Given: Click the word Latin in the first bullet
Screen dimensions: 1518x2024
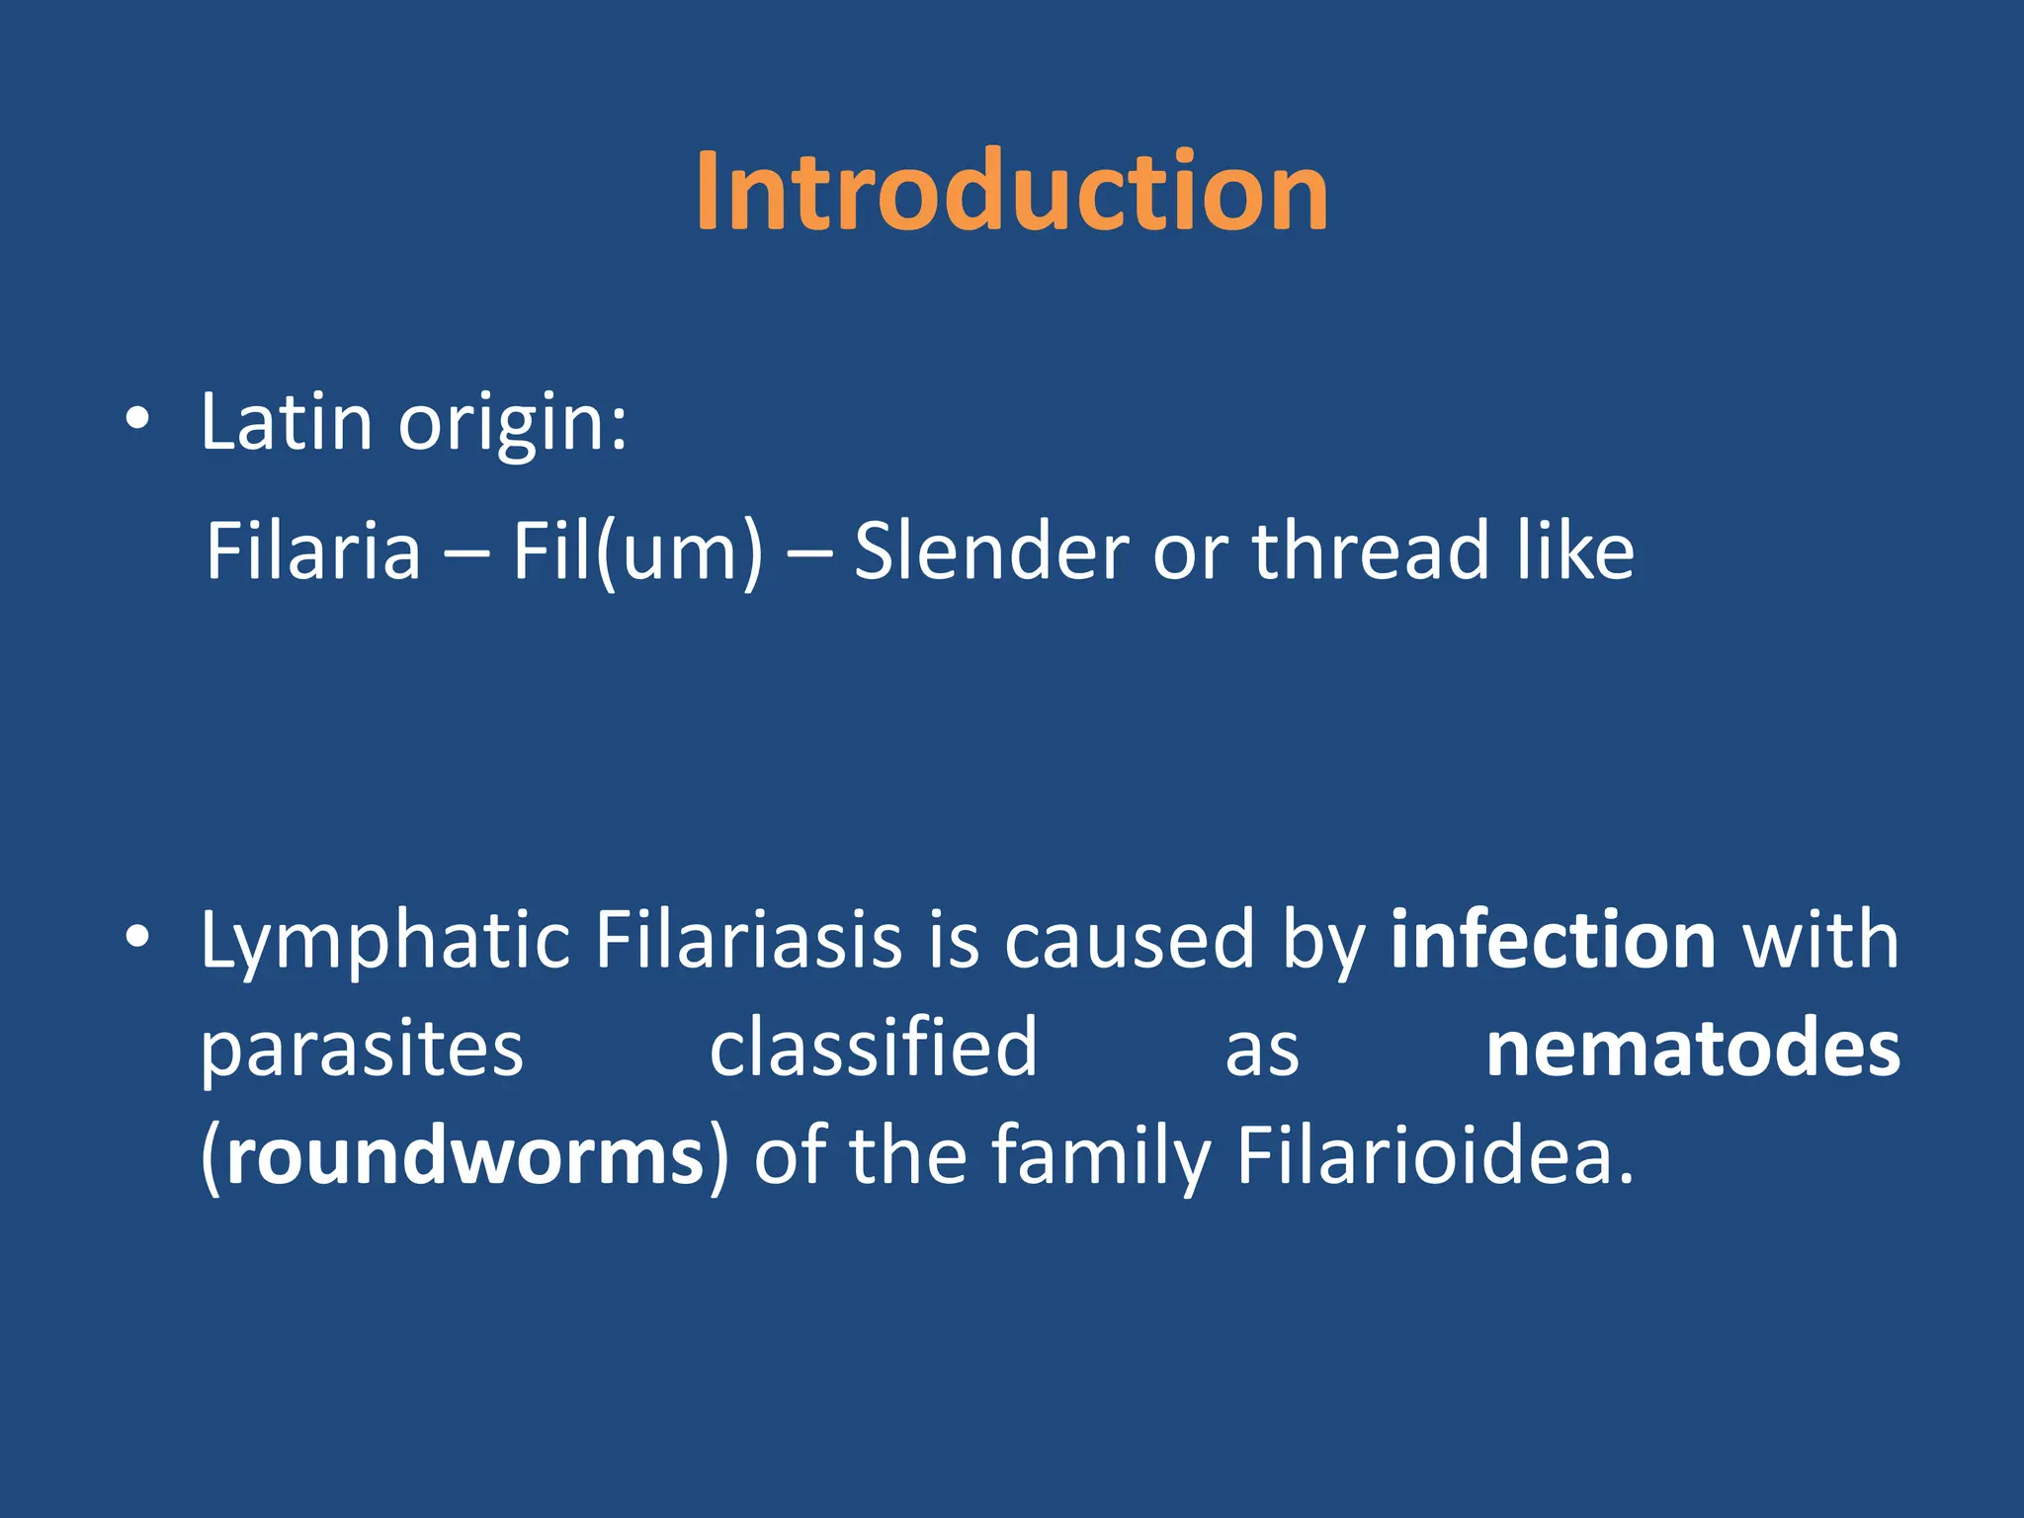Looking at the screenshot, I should pyautogui.click(x=287, y=422).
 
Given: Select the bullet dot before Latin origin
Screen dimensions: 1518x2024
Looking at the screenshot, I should pyautogui.click(x=137, y=419).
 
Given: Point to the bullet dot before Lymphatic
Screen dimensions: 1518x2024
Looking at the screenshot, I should pyautogui.click(x=137, y=936).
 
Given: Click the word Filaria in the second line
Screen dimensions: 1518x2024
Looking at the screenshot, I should pyautogui.click(x=313, y=550).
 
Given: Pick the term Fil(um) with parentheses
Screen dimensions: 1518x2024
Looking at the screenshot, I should pyautogui.click(x=637, y=552).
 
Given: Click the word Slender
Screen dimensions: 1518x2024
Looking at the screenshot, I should pyautogui.click(x=991, y=550).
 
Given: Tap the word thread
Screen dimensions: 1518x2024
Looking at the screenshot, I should pyautogui.click(x=1370, y=550).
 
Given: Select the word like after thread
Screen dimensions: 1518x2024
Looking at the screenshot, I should pyautogui.click(x=1575, y=550).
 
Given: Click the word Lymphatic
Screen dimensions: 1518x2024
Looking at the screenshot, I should pyautogui.click(x=384, y=941).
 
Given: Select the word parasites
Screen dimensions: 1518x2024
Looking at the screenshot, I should pyautogui.click(x=362, y=1051).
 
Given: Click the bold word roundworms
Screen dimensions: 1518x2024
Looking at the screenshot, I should pyautogui.click(x=464, y=1155).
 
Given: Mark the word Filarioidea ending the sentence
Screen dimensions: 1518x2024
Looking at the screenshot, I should pyautogui.click(x=1434, y=1155).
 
